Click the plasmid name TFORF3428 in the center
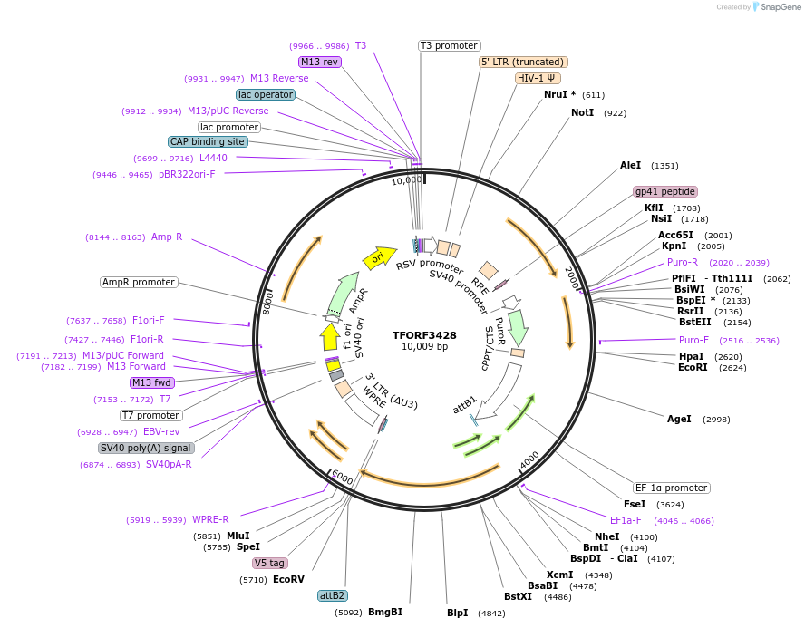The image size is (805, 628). click(424, 334)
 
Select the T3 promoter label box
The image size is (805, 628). click(450, 45)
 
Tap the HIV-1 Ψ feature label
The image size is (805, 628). click(538, 78)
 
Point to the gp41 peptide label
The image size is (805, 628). click(665, 191)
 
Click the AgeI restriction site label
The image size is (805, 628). click(679, 419)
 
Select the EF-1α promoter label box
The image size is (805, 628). click(672, 488)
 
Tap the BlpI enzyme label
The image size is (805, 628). click(458, 613)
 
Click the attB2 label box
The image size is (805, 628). click(333, 595)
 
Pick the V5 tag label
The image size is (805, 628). click(269, 563)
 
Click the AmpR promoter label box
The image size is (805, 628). click(139, 282)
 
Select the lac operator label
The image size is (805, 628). click(265, 94)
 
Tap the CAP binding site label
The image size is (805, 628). click(207, 141)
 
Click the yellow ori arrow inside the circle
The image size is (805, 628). click(379, 257)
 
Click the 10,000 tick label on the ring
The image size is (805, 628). click(407, 180)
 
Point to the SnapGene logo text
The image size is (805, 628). click(781, 7)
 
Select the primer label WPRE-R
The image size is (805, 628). click(210, 519)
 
